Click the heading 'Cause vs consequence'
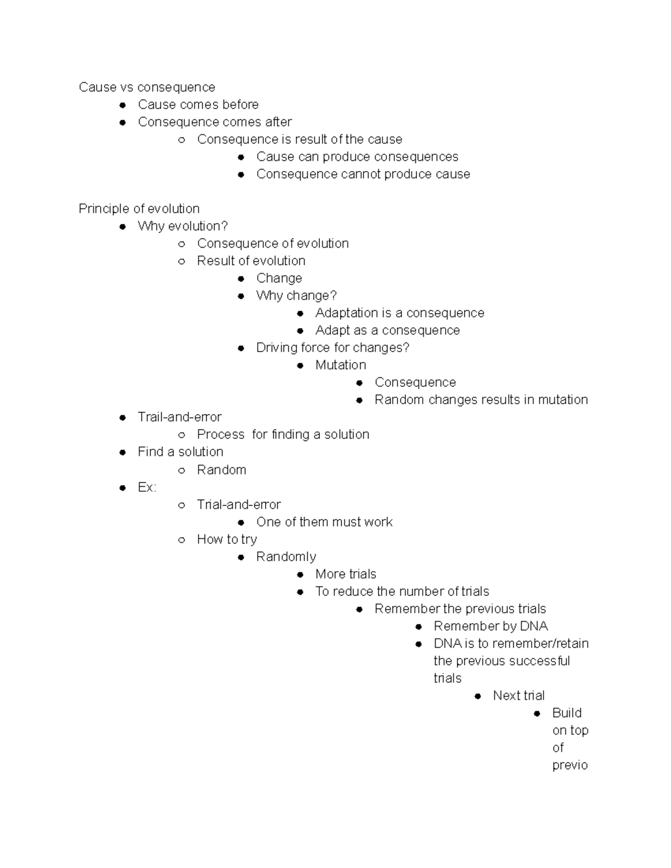point(147,87)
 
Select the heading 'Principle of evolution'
point(139,208)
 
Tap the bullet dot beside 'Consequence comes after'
point(122,122)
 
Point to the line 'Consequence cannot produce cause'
point(363,174)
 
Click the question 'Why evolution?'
point(182,226)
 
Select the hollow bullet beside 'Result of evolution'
point(181,261)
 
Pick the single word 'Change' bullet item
point(278,278)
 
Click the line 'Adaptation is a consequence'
point(399,312)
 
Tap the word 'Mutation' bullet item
point(341,365)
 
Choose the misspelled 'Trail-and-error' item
point(179,417)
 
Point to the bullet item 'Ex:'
point(147,487)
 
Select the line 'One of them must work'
point(324,521)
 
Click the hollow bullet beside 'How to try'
point(181,539)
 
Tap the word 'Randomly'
point(286,557)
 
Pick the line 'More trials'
point(346,574)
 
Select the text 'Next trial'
point(518,695)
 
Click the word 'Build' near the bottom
point(566,713)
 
